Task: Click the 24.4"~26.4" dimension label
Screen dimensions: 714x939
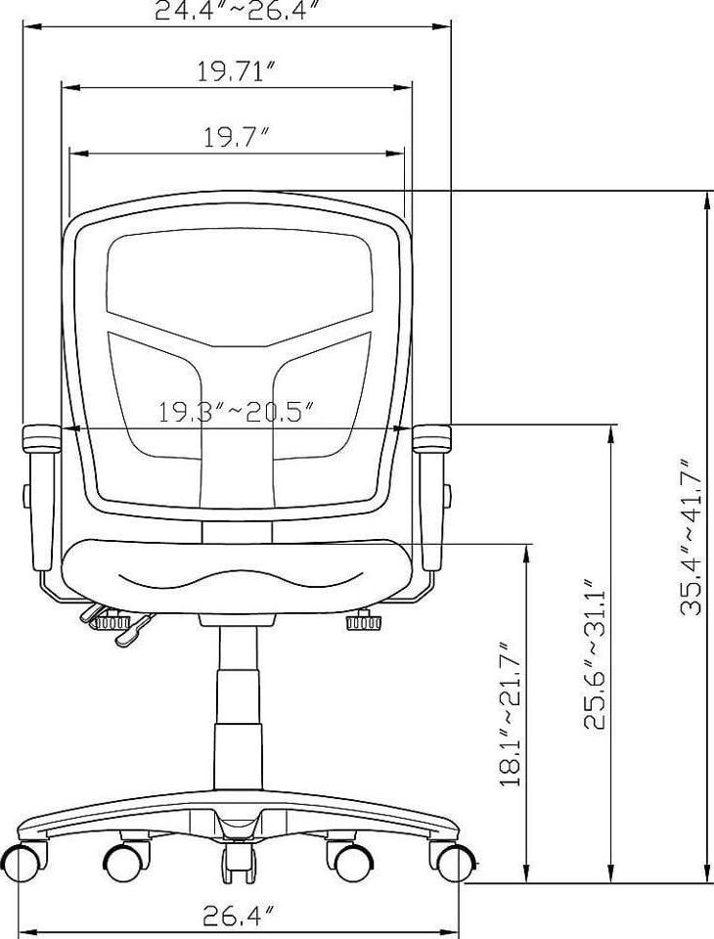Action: tap(236, 10)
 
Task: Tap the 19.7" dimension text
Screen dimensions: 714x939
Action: tap(236, 138)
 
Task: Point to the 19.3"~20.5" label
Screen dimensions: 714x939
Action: tap(236, 412)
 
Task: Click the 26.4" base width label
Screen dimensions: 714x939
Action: tap(239, 916)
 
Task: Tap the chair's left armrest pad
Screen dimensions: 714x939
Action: tap(41, 438)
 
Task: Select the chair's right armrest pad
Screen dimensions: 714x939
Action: tap(432, 438)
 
